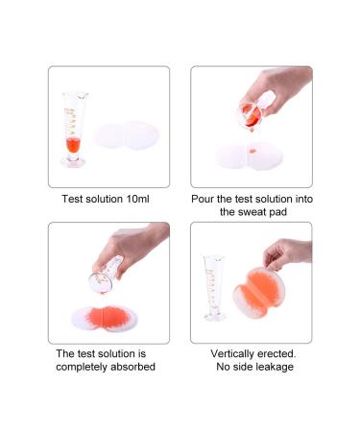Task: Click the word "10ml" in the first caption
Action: (x=138, y=199)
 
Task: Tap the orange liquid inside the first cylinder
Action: (x=73, y=146)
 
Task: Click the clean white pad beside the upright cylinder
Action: (x=127, y=135)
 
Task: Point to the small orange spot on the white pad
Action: (x=252, y=151)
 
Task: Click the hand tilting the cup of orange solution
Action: (x=276, y=88)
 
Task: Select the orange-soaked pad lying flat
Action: (x=105, y=319)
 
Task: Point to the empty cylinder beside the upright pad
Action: (x=213, y=287)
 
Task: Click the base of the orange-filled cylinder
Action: (x=73, y=162)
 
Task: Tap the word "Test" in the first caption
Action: (x=72, y=199)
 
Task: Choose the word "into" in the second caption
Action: (x=303, y=199)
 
